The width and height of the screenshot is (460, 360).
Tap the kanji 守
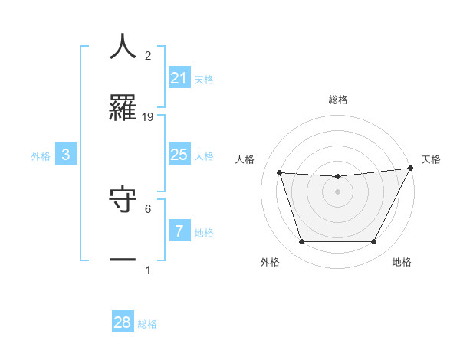123,199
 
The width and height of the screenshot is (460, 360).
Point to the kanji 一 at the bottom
123,260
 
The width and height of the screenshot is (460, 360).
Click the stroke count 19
148,116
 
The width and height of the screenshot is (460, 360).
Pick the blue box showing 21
179,78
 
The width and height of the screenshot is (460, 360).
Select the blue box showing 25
179,155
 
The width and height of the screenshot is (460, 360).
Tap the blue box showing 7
179,231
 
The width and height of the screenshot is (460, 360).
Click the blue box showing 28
123,322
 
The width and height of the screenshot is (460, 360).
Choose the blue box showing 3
66,155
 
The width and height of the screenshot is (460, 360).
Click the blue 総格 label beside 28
147,324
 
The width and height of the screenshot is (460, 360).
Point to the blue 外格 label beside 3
41,156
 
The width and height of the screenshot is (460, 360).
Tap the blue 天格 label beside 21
204,80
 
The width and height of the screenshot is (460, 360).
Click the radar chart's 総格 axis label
337,100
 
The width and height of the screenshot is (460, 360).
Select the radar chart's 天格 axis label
431,159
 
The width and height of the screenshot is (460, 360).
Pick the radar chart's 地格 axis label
402,262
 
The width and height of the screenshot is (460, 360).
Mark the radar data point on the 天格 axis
411,168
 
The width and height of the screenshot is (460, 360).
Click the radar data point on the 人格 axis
280,173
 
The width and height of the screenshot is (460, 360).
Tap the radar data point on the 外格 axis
301,242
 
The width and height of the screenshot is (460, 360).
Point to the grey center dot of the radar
337,191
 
